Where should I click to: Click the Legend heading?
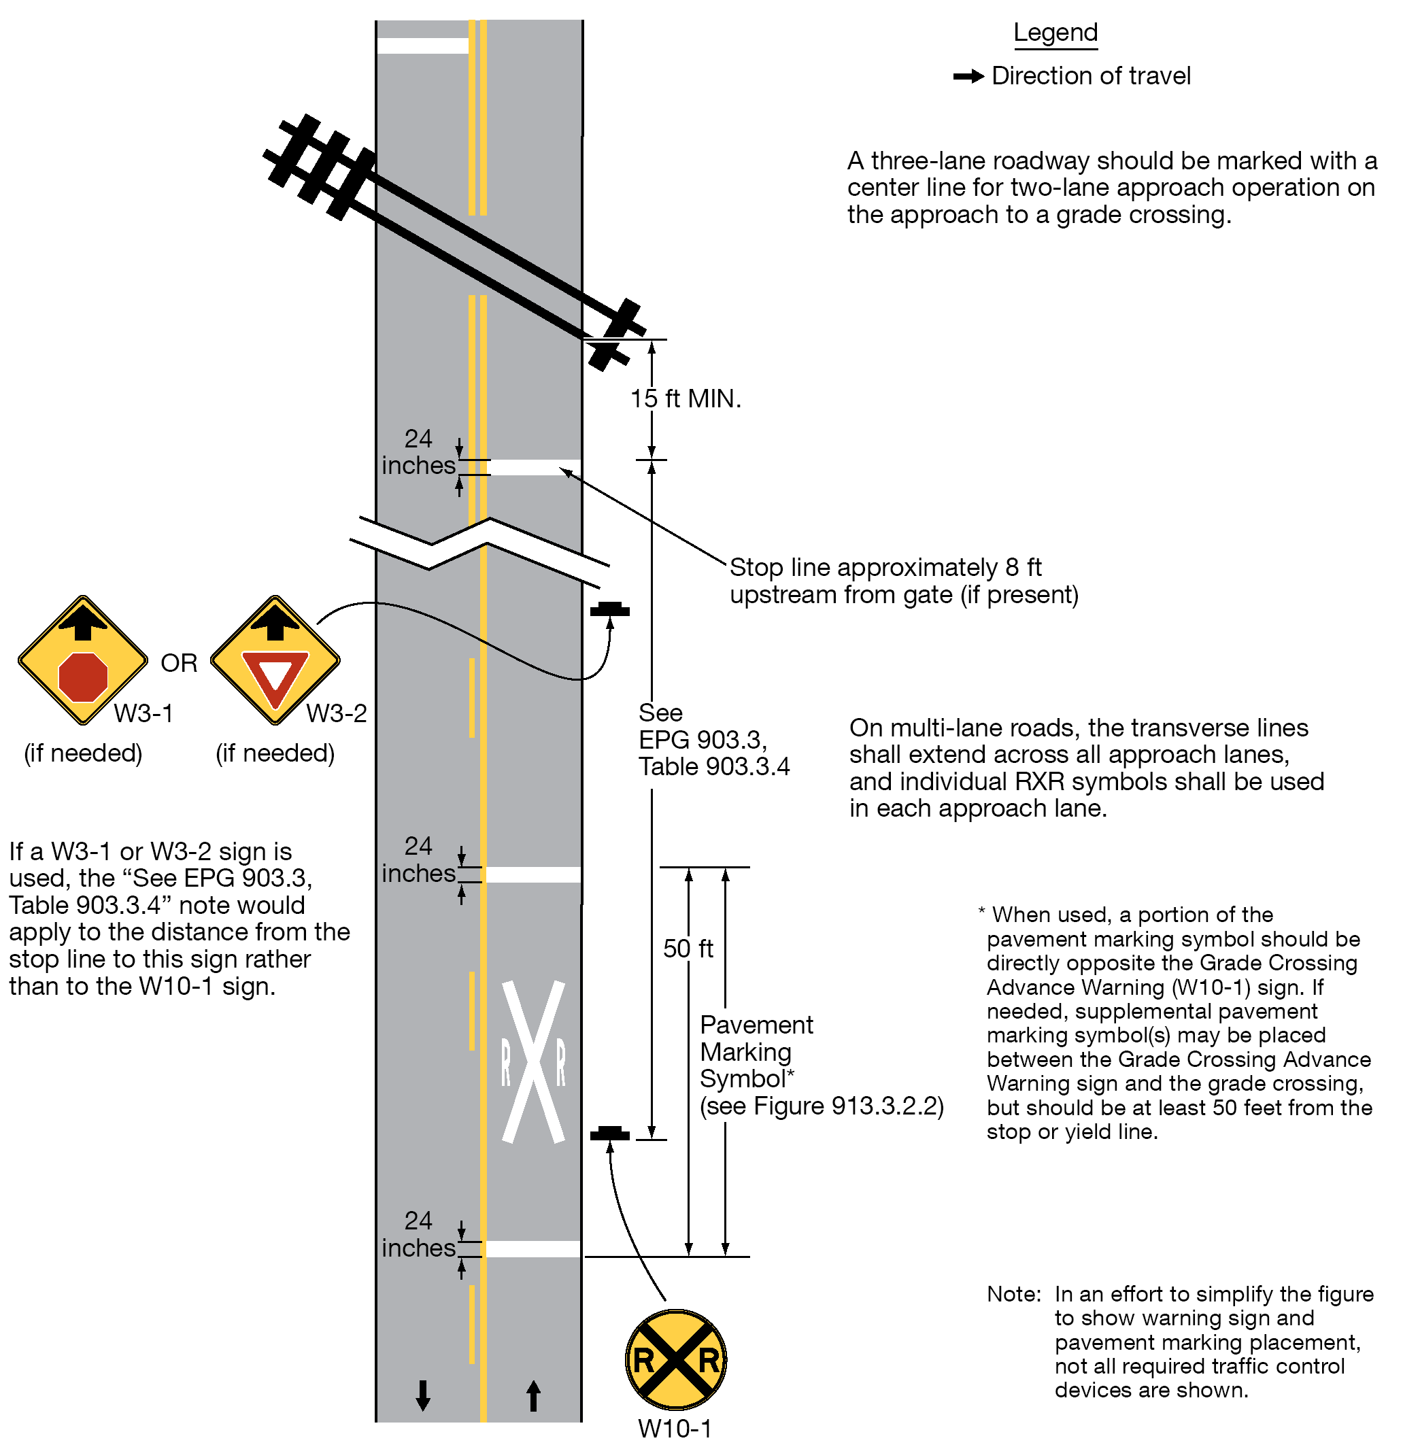pos(1055,33)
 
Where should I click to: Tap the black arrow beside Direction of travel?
pos(968,76)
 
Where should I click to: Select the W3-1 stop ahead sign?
pos(83,660)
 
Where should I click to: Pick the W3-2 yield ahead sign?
pos(275,660)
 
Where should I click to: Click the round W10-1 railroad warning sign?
pos(675,1360)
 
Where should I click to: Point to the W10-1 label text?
pos(675,1429)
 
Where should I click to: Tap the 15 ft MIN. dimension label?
pos(686,399)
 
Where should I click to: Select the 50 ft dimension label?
pos(688,949)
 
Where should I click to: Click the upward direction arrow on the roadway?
pos(533,1395)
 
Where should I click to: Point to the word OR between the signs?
pos(179,663)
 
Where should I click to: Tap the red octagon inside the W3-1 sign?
pos(83,677)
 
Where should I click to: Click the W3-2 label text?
pos(336,713)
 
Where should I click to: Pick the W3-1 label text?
pos(143,713)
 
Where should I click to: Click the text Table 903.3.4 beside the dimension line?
pos(714,766)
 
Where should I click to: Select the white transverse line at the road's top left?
pos(422,46)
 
